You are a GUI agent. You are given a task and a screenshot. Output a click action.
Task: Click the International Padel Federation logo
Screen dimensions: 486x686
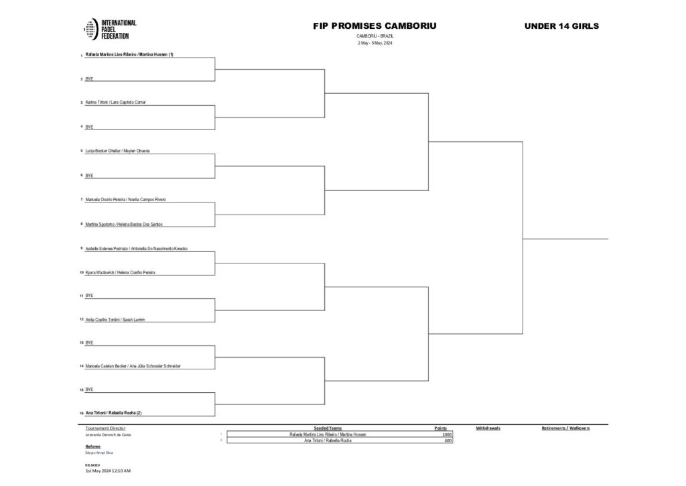coord(110,29)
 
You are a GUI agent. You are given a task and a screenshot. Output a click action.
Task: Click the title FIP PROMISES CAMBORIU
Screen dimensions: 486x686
coord(374,26)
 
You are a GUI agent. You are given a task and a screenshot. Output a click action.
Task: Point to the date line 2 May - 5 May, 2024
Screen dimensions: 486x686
coord(374,43)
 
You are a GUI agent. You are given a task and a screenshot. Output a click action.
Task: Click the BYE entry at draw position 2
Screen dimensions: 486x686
coord(90,78)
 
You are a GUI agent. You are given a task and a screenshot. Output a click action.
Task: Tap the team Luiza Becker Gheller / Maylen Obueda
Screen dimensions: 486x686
coord(118,151)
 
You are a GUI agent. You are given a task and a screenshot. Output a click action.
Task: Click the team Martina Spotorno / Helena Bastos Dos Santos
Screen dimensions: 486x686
coord(124,224)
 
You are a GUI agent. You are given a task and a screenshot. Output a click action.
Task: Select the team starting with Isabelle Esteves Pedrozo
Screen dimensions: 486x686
coord(137,249)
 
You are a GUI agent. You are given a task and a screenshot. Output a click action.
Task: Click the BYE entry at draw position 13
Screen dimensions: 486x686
coord(90,343)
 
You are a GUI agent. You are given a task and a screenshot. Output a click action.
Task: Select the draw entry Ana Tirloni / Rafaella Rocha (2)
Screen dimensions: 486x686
coord(113,413)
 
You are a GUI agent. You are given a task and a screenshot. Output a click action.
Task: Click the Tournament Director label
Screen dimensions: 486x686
coord(106,428)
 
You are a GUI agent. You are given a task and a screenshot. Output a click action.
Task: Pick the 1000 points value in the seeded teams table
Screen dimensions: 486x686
coord(447,434)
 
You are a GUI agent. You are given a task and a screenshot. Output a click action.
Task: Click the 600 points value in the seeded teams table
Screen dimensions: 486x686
coord(448,440)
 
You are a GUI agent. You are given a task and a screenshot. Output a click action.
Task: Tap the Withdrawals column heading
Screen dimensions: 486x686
coord(488,428)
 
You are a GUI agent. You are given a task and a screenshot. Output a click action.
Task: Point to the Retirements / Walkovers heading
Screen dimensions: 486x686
coord(565,428)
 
